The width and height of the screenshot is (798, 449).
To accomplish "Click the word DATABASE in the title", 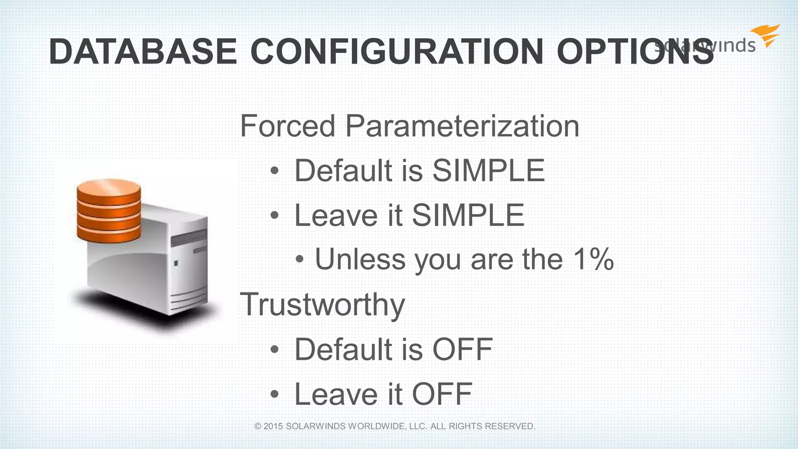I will (143, 51).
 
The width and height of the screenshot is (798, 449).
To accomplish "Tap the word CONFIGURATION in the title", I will (397, 51).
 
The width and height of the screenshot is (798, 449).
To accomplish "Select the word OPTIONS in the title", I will (635, 51).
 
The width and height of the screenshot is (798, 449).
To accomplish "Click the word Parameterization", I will (462, 126).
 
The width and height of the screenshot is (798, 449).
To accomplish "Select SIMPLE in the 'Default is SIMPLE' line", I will (489, 170).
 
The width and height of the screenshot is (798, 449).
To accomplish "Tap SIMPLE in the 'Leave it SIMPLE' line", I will (468, 215).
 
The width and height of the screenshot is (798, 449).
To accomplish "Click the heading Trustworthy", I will (323, 304).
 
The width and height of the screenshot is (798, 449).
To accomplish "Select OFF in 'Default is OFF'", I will (463, 349).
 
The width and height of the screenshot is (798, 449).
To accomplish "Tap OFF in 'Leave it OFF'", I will (442, 394).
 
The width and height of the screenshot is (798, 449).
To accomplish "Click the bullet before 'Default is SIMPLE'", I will (275, 171).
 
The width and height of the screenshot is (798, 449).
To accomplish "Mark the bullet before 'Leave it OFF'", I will (275, 394).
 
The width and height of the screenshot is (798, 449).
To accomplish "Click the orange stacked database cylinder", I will (109, 210).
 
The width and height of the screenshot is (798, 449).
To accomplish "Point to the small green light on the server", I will (176, 263).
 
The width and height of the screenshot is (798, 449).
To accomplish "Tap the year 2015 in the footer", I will (273, 426).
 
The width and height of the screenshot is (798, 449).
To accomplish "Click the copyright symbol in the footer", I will (258, 426).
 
